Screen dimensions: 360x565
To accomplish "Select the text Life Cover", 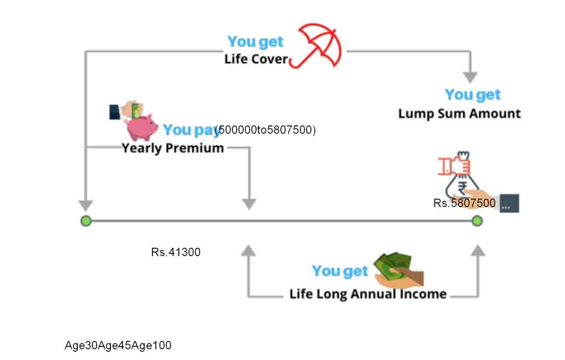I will click(x=256, y=59).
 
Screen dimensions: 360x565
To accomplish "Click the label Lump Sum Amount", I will click(x=459, y=114).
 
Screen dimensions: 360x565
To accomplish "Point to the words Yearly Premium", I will click(x=173, y=148).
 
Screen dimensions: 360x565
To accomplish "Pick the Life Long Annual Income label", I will click(x=368, y=294).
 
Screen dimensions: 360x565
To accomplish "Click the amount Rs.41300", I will click(x=176, y=252).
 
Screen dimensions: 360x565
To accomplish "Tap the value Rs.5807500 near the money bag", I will click(x=464, y=203).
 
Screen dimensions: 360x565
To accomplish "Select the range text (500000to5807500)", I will click(x=266, y=130).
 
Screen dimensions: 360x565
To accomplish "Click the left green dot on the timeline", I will click(x=86, y=221).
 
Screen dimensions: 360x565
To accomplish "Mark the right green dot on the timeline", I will click(x=477, y=221).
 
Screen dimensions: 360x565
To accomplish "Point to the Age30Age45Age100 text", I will click(x=118, y=345).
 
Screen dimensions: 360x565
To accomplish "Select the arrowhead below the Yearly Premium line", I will click(x=249, y=204).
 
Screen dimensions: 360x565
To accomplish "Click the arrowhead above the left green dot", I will click(x=86, y=205).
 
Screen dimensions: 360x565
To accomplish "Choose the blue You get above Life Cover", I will click(x=256, y=42).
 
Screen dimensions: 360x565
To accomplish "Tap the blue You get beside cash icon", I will click(x=340, y=271).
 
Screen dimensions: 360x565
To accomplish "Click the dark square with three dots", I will click(x=509, y=203).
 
